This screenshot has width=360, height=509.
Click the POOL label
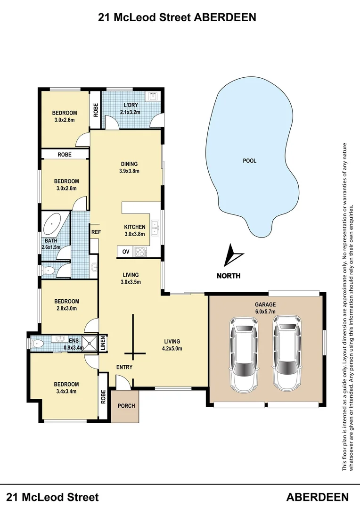click(249, 161)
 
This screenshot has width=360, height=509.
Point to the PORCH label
click(126, 405)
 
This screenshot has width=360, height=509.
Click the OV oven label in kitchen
click(126, 252)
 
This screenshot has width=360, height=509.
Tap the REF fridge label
click(96, 232)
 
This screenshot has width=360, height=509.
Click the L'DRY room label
click(130, 105)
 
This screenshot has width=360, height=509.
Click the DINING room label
click(129, 164)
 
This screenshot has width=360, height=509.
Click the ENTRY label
click(124, 367)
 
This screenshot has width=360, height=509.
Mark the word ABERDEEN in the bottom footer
click(317, 497)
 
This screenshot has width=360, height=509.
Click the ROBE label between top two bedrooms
click(65, 155)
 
